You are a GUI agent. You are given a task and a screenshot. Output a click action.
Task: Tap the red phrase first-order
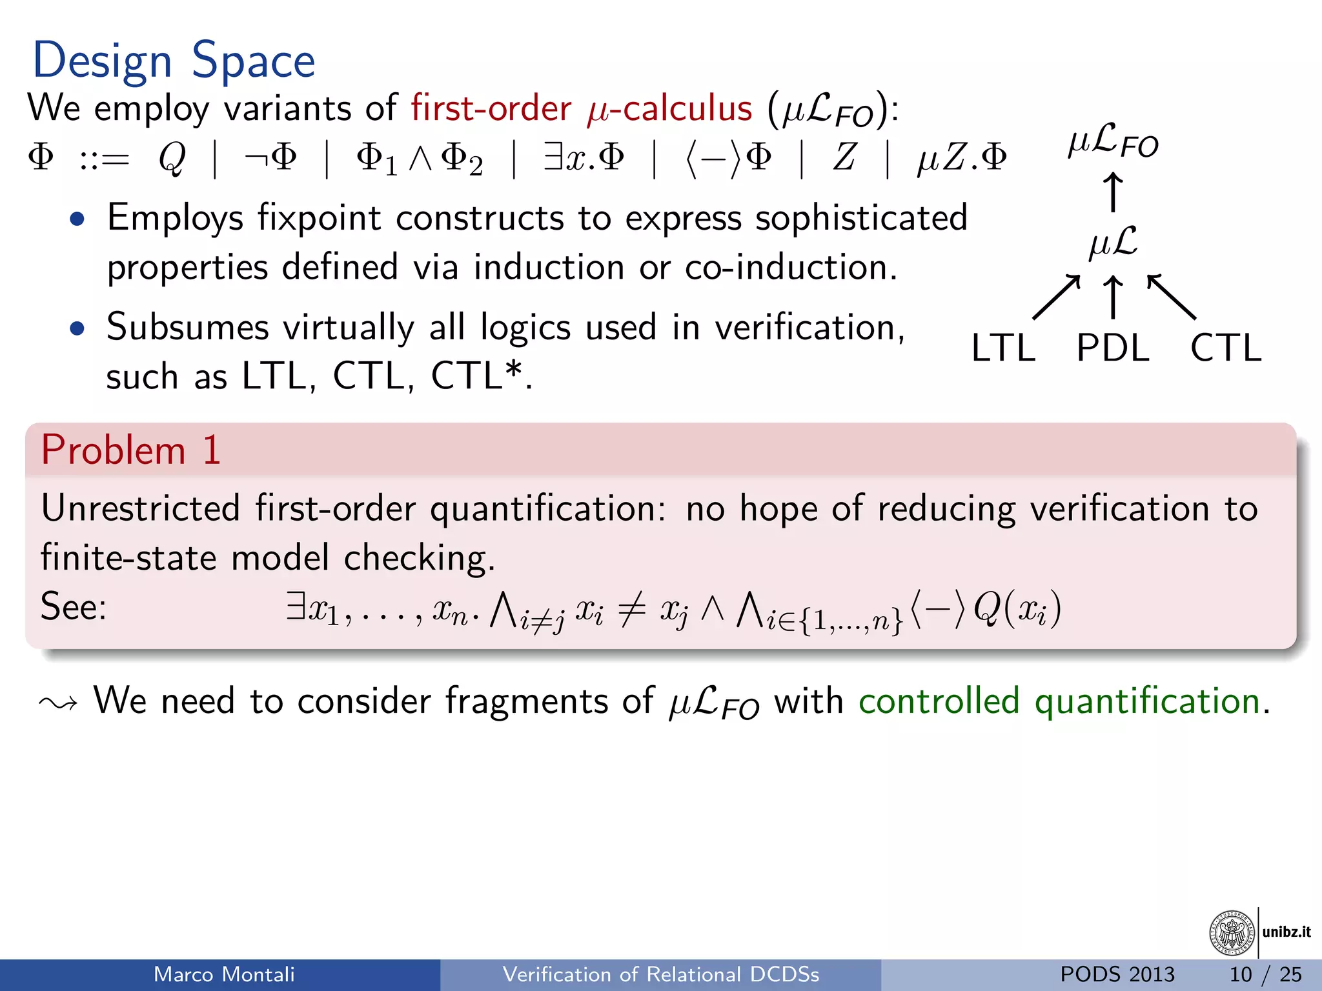(x=491, y=108)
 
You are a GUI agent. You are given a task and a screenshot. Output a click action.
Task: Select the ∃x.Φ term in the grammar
(x=584, y=158)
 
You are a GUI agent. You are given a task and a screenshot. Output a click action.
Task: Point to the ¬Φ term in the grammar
(x=271, y=158)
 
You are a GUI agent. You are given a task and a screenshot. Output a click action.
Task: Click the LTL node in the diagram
(x=1003, y=348)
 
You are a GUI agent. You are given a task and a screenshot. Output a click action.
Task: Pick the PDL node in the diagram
(x=1113, y=348)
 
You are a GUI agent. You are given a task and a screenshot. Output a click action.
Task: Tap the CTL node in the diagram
(x=1225, y=348)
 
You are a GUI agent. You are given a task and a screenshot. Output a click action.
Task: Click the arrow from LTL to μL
(x=1056, y=297)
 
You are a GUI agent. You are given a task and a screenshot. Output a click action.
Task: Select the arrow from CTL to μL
(x=1172, y=297)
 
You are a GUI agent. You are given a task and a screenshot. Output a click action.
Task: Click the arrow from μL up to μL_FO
(x=1112, y=192)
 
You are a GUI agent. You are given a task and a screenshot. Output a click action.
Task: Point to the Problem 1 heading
(x=131, y=450)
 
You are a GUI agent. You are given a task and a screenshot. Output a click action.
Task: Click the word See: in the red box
(x=73, y=607)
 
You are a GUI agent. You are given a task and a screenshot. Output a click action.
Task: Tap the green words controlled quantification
(x=1059, y=701)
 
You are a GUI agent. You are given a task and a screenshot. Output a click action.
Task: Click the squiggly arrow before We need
(x=58, y=703)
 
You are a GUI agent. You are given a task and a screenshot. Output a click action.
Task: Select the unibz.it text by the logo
(x=1286, y=932)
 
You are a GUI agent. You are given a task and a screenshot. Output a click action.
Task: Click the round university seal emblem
(x=1232, y=933)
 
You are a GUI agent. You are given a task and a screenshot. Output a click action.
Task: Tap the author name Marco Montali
(x=224, y=974)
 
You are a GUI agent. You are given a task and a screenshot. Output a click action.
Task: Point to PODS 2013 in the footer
(x=1117, y=974)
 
